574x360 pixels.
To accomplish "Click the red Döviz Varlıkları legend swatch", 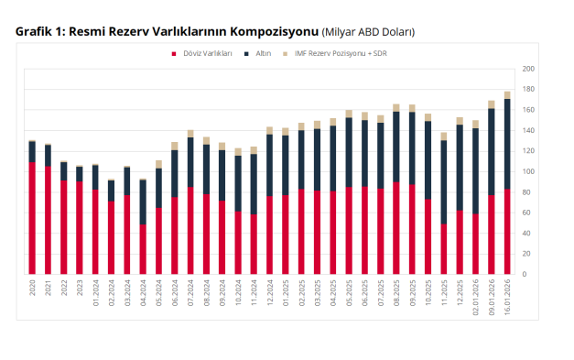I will (x=172, y=54).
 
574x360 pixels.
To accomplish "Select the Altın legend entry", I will (x=260, y=54).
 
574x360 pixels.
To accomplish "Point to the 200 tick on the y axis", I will (x=528, y=69).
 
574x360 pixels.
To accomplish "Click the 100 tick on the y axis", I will (x=528, y=171).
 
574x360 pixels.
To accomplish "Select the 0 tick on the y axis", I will (x=525, y=274).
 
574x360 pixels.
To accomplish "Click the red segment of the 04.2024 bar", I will (x=143, y=249).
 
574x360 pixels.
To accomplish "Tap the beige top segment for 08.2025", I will (x=396, y=107).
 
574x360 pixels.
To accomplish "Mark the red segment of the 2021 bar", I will (x=48, y=220).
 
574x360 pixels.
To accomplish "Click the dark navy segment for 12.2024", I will (x=269, y=165).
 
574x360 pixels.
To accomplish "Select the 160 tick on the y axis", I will (x=528, y=110).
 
